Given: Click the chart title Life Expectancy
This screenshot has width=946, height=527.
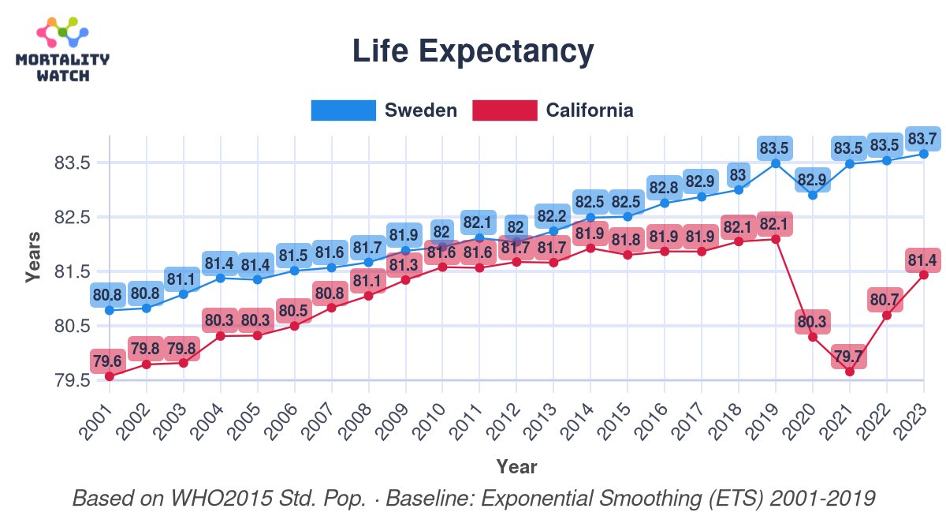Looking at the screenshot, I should pyautogui.click(x=472, y=52).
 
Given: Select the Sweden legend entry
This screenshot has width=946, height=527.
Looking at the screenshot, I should pyautogui.click(x=385, y=110).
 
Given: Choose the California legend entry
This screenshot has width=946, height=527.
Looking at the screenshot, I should pyautogui.click(x=553, y=110).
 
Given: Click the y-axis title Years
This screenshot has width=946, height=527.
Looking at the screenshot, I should pyautogui.click(x=32, y=257).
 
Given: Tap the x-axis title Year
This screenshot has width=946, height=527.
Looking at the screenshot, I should pyautogui.click(x=516, y=467).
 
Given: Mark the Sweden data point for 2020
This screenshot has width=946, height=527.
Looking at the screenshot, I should pyautogui.click(x=812, y=195).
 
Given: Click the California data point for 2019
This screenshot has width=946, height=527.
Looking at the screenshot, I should pyautogui.click(x=776, y=239).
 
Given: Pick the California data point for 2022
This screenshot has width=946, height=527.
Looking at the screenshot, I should pyautogui.click(x=886, y=315).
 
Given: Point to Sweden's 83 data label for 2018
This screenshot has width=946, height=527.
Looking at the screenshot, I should pyautogui.click(x=739, y=174).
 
